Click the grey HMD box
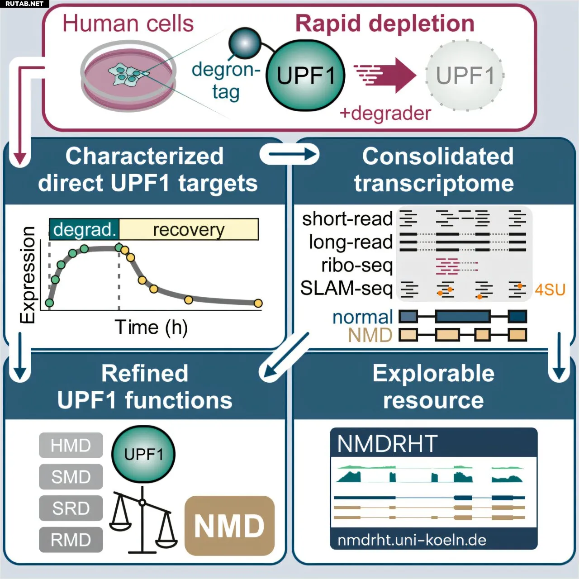point(71,445)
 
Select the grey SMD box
point(71,476)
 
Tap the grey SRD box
point(71,508)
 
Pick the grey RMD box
point(71,540)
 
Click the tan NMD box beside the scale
point(229,526)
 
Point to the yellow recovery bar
point(189,229)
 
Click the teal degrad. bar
point(85,229)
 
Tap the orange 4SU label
point(550,290)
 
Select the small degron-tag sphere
point(245,43)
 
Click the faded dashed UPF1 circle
point(465,75)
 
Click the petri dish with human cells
point(128,76)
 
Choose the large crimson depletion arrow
point(385,75)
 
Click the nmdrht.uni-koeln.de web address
point(412,540)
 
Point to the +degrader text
point(385,114)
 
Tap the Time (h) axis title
point(151,327)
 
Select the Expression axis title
point(27,275)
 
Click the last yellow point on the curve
point(258,303)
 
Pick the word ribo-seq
point(357,266)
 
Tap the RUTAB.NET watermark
point(24,4)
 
